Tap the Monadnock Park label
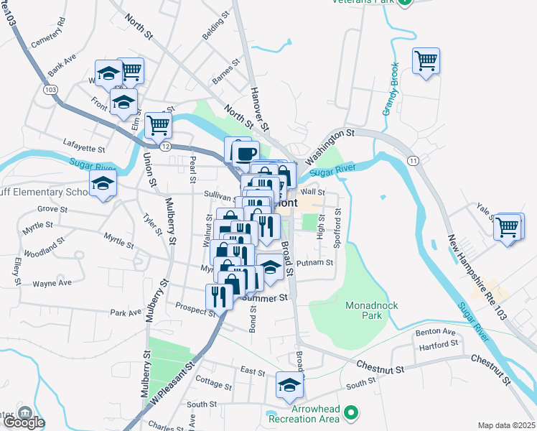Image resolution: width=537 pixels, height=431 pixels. click(x=372, y=310)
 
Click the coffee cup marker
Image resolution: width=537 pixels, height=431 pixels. click(x=246, y=152)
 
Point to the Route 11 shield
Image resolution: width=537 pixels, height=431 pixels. click(x=413, y=159)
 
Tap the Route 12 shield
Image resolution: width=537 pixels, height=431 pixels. click(x=165, y=146)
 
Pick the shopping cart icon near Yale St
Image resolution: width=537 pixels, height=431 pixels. click(x=508, y=227)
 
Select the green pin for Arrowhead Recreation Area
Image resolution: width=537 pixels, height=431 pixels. click(x=351, y=412)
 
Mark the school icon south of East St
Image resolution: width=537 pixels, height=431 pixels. click(x=289, y=387)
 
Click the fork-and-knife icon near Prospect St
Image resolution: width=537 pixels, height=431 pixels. click(x=218, y=296)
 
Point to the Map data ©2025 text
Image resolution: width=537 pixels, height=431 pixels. click(x=507, y=425)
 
